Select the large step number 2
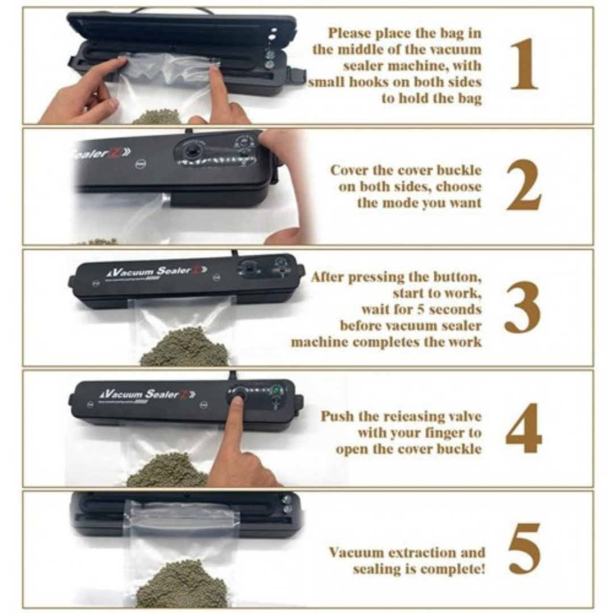click(x=524, y=185)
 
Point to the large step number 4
click(x=524, y=429)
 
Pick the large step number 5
click(x=524, y=549)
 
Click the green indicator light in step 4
click(x=277, y=390)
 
